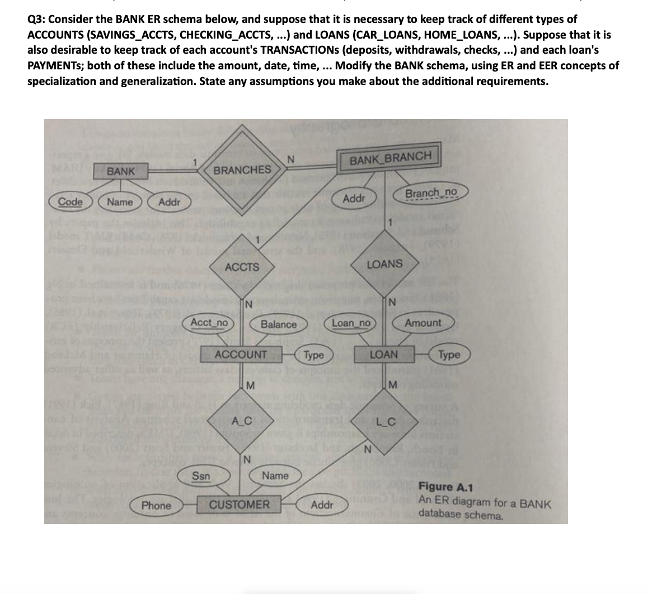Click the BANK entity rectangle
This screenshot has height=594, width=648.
tap(121, 171)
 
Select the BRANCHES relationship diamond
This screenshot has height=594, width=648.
tap(242, 169)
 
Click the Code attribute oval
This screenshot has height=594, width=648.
tap(71, 202)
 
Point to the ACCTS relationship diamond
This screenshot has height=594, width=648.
tap(242, 267)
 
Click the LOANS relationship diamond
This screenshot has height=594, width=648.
tap(384, 263)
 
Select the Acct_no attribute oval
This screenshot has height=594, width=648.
tap(209, 323)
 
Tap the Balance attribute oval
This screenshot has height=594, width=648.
tap(279, 324)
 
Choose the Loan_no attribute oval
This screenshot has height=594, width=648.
tap(351, 323)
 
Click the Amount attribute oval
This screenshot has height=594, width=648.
tap(422, 323)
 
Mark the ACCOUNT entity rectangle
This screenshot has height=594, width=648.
tap(241, 354)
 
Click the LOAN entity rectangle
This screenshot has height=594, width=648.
tap(384, 355)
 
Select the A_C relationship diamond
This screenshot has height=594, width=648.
tap(241, 421)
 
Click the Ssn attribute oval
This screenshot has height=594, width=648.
tap(201, 477)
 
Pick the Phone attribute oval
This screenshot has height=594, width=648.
tap(156, 506)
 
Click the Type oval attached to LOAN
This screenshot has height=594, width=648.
tap(449, 355)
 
